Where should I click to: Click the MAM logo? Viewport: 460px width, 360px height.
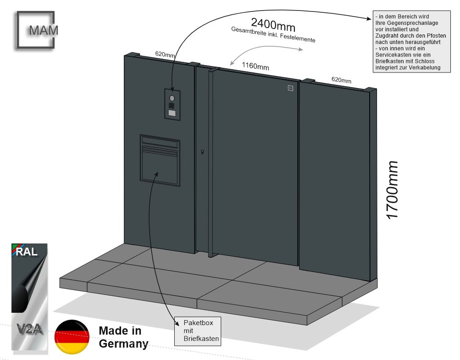(x=37, y=30)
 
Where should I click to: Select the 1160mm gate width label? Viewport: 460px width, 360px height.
(x=255, y=66)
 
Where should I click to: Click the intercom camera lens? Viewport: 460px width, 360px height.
(x=172, y=99)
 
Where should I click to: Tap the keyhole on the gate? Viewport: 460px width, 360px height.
(x=202, y=152)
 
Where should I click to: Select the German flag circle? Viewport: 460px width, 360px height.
(x=72, y=337)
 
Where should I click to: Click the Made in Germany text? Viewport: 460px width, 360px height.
(x=123, y=337)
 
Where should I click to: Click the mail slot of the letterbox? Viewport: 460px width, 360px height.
(x=160, y=144)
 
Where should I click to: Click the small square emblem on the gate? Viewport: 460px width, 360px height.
(x=290, y=88)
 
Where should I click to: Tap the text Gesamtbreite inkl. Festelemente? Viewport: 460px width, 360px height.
(x=273, y=35)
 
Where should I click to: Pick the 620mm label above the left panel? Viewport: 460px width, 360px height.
(x=165, y=55)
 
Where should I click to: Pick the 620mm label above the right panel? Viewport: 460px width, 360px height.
(x=341, y=80)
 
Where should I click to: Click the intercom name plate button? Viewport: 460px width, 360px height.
(x=172, y=113)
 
